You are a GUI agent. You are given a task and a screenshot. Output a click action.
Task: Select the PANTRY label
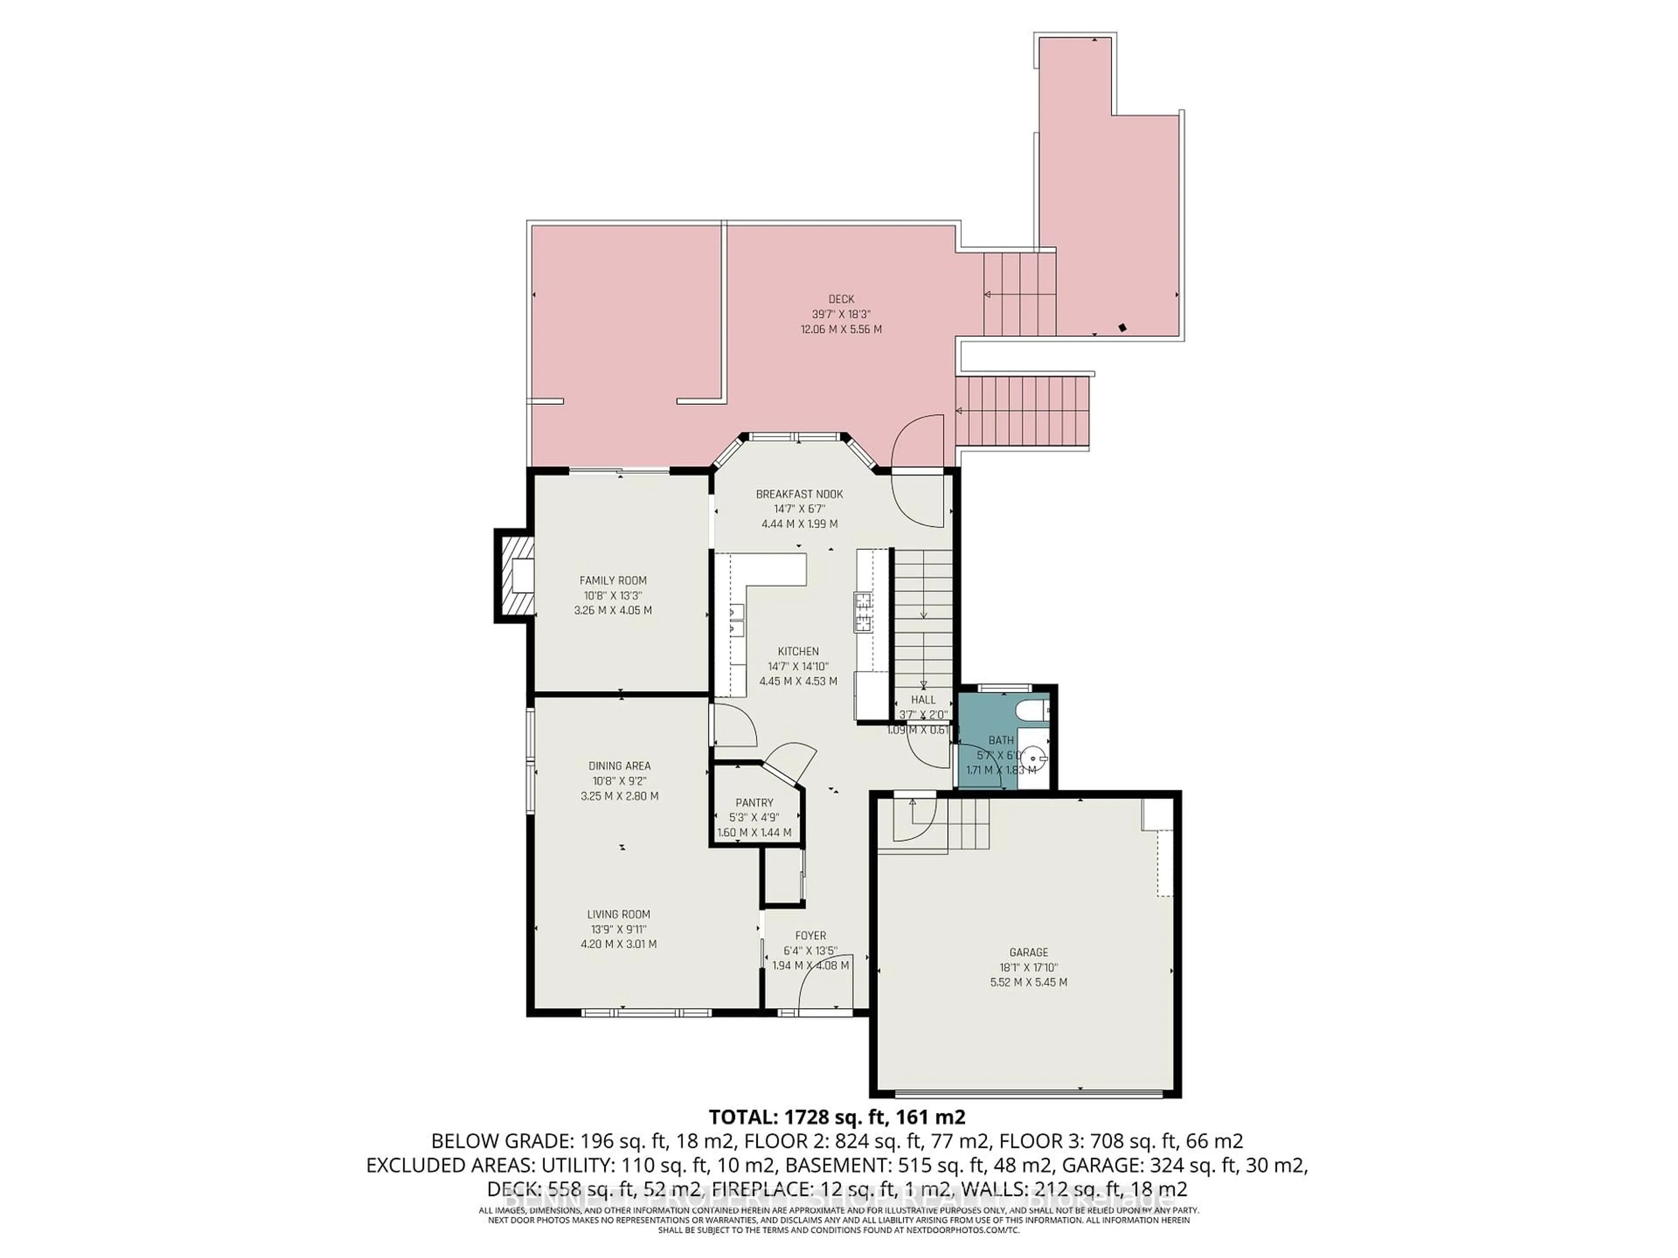coord(754,803)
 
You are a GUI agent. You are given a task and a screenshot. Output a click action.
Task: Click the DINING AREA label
coord(619,766)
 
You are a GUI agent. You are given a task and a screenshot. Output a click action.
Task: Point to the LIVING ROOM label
coord(618,915)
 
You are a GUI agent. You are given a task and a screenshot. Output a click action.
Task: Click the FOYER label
coord(810,936)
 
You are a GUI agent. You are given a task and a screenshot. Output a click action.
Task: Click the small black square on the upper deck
coord(1123,328)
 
